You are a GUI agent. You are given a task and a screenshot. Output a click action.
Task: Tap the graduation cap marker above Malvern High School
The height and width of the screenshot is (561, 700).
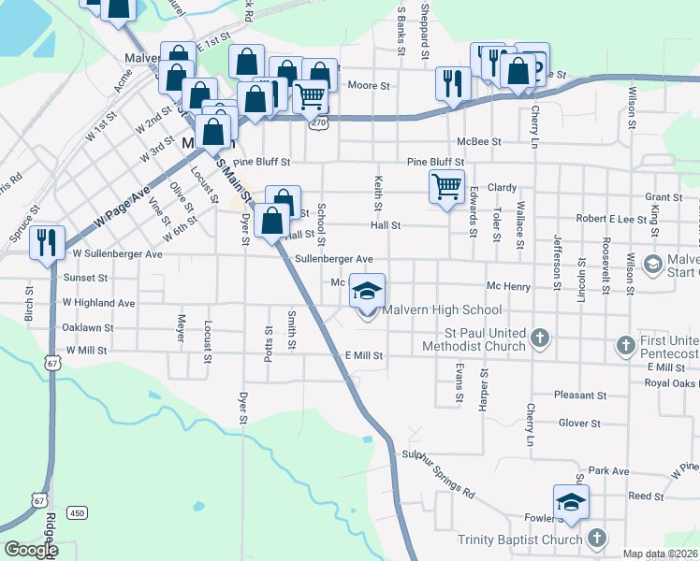pyautogui.click(x=368, y=292)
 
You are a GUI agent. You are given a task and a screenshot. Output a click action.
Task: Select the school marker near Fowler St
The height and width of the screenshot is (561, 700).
pyautogui.click(x=570, y=503)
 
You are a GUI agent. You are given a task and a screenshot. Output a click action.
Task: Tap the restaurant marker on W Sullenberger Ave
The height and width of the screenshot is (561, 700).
pyautogui.click(x=46, y=243)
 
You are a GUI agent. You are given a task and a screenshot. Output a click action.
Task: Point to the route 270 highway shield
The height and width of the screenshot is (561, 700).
pyautogui.click(x=319, y=122)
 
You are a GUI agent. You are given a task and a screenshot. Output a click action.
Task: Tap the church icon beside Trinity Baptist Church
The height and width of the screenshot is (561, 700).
pyautogui.click(x=596, y=538)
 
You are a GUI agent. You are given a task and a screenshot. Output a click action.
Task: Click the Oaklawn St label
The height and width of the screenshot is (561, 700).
pyautogui.click(x=87, y=328)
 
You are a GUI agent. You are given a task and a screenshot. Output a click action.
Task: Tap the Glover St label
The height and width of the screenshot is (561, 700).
pyautogui.click(x=578, y=424)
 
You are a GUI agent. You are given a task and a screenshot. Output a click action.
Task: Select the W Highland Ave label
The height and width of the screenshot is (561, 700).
pyautogui.click(x=98, y=303)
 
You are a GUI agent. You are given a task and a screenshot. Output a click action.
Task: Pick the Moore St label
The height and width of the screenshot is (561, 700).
pyautogui.click(x=368, y=86)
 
